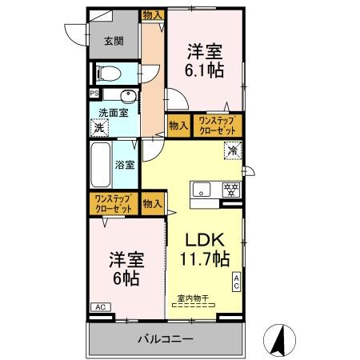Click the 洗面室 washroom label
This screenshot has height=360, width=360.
(113, 113)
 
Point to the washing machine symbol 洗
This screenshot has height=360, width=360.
(99, 126)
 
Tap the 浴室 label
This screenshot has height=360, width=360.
(126, 166)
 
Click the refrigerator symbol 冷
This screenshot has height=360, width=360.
(231, 150)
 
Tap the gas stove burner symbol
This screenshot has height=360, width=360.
(230, 190)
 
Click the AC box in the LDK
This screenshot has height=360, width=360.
(237, 282)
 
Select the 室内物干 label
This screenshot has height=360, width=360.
(192, 298)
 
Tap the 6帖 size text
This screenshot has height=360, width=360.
(125, 278)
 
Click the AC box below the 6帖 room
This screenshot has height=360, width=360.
(100, 306)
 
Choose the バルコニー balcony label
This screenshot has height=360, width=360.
(163, 339)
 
